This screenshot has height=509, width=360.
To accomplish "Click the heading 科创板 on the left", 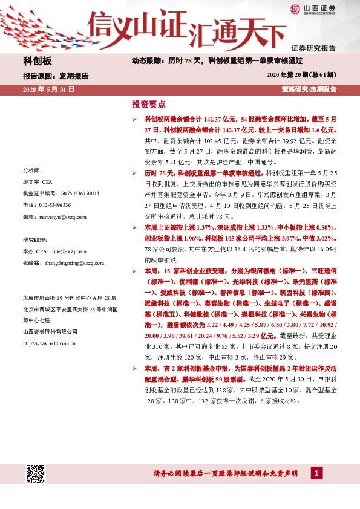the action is click(x=38, y=62).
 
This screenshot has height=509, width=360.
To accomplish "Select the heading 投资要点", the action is click(x=149, y=104).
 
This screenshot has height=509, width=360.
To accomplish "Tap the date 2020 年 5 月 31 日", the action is click(x=48, y=89).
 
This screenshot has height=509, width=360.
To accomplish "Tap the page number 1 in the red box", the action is click(x=315, y=474).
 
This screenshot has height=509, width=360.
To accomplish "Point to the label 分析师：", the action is click(x=31, y=171).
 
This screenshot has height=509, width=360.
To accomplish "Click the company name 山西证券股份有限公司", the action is click(x=50, y=332).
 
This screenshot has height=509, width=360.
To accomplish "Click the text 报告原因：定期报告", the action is click(x=56, y=77).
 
